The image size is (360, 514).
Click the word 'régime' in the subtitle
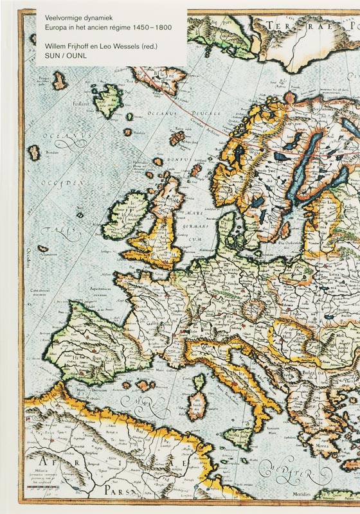[121, 30]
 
